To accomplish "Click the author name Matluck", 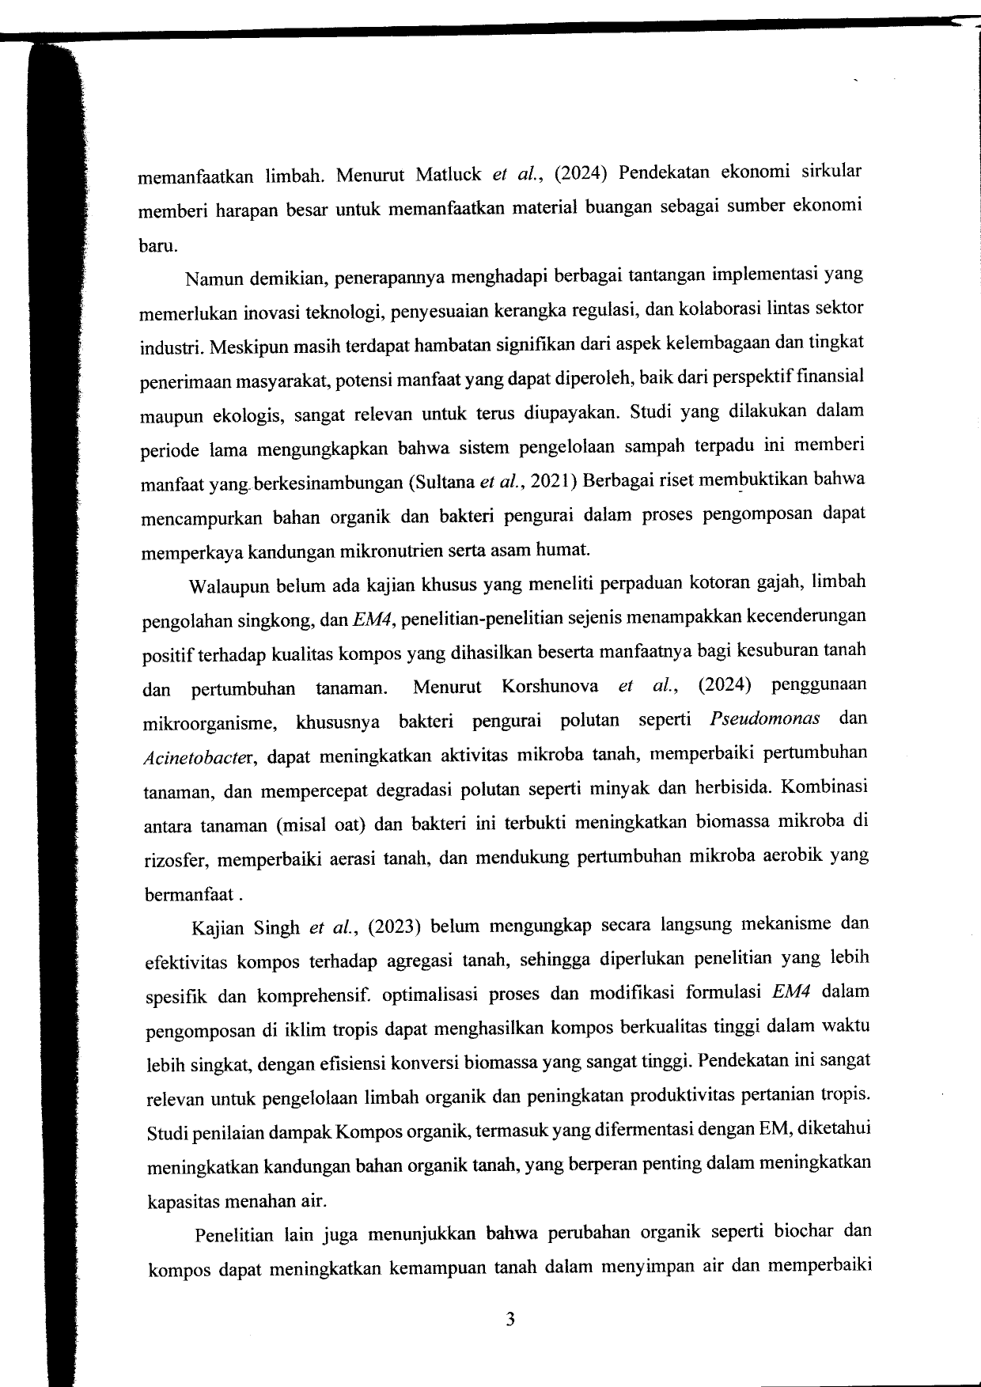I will (448, 175).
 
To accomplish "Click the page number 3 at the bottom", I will (510, 1319).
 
